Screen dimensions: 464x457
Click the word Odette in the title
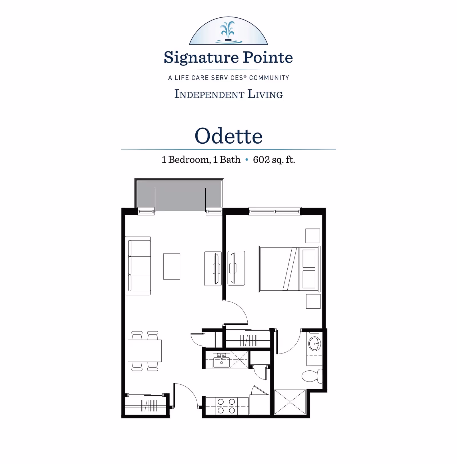tap(228, 136)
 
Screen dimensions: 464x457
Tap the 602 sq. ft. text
tap(274, 160)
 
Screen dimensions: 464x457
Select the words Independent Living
tap(228, 94)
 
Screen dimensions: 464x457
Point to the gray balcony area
tap(179, 196)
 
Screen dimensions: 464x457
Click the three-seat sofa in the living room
tap(138, 266)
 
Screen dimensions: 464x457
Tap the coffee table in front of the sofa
tap(172, 266)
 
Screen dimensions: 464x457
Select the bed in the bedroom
tap(288, 269)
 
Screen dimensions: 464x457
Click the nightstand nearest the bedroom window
tap(312, 236)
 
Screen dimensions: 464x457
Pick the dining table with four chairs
tap(145, 351)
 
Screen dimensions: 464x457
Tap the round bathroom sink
tap(314, 344)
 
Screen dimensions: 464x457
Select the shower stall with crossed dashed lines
tap(290, 402)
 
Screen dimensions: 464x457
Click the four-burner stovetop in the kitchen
tap(226, 406)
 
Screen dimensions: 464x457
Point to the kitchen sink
tap(221, 361)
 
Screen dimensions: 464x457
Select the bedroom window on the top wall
tap(274, 212)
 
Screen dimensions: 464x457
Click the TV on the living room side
tap(216, 269)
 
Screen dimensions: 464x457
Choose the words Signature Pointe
tap(228, 57)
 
